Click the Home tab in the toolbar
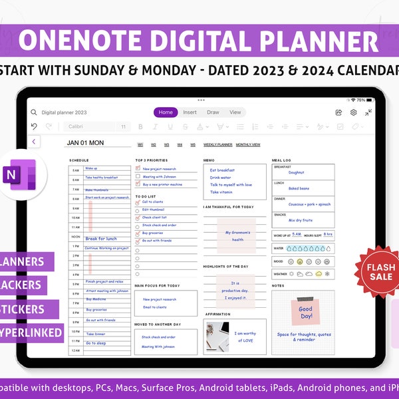point(166,112)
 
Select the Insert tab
point(190,112)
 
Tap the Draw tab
point(213,112)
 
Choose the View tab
point(235,112)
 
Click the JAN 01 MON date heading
point(85,143)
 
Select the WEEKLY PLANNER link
point(217,144)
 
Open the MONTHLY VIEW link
point(248,144)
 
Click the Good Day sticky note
point(305,313)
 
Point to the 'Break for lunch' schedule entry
point(101,238)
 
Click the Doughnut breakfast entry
point(297,172)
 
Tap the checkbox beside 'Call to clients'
point(138,202)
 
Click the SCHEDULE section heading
point(78,160)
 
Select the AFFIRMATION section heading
point(217,314)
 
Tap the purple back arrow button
point(35,141)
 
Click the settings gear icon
point(354,113)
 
